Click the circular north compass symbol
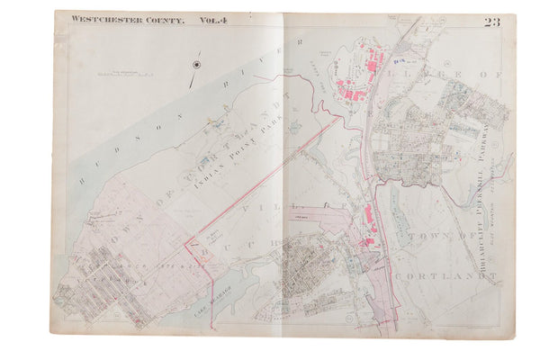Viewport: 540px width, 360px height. click(195, 65)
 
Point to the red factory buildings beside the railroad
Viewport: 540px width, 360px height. click(370, 220)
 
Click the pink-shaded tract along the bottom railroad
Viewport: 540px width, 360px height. click(387, 297)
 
